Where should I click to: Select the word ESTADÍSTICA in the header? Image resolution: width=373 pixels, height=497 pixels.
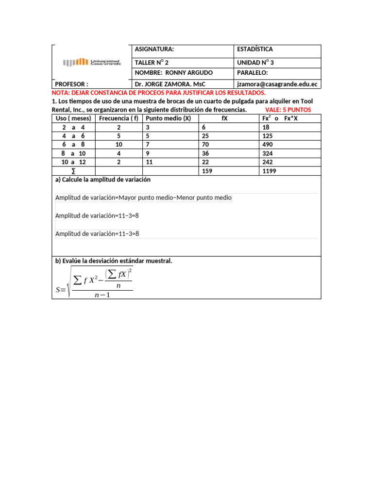(254, 50)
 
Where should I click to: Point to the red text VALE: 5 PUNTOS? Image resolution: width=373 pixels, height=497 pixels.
(288, 110)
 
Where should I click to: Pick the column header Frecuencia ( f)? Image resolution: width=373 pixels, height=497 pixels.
(119, 118)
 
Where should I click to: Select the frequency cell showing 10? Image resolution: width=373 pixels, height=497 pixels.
(119, 145)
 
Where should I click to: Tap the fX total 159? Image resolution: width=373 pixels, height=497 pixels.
(207, 171)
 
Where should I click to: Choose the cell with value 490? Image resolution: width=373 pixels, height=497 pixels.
(267, 145)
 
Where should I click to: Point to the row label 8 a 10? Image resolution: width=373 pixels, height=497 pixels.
(73, 153)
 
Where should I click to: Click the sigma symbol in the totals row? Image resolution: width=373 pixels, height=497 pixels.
(73, 171)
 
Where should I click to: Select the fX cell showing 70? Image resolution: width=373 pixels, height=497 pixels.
(205, 145)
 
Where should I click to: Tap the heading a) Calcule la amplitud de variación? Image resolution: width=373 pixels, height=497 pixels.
(103, 180)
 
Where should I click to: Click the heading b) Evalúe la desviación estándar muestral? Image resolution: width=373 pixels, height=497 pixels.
(114, 261)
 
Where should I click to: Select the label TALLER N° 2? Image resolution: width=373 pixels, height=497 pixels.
(152, 63)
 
